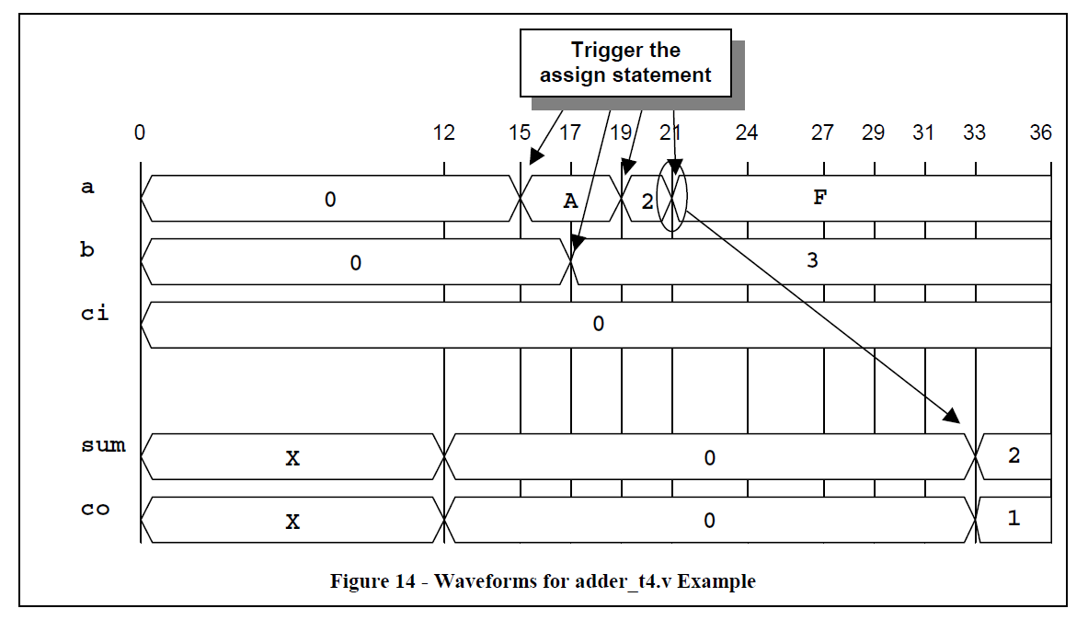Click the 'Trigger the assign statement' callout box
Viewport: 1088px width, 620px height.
tap(625, 63)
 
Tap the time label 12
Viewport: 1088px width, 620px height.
tap(443, 132)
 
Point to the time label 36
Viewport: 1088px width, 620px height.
tap(1040, 132)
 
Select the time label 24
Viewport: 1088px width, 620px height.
tap(747, 132)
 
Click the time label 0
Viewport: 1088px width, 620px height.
tap(139, 132)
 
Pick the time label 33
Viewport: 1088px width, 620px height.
tap(974, 132)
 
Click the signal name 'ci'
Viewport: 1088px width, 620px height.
tap(95, 313)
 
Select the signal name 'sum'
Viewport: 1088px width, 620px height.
tap(103, 445)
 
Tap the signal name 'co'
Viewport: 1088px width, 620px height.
tap(95, 508)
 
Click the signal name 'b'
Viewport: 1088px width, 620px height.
tap(87, 249)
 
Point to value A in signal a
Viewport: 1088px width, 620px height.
tap(570, 201)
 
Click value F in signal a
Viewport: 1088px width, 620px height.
tap(820, 198)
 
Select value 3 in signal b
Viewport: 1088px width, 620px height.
tap(812, 260)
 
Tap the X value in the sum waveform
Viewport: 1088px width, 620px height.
tap(292, 457)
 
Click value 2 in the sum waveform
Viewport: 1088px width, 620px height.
tap(1014, 455)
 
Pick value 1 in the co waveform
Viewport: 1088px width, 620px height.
tap(1014, 518)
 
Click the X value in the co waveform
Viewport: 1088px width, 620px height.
tap(292, 522)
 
